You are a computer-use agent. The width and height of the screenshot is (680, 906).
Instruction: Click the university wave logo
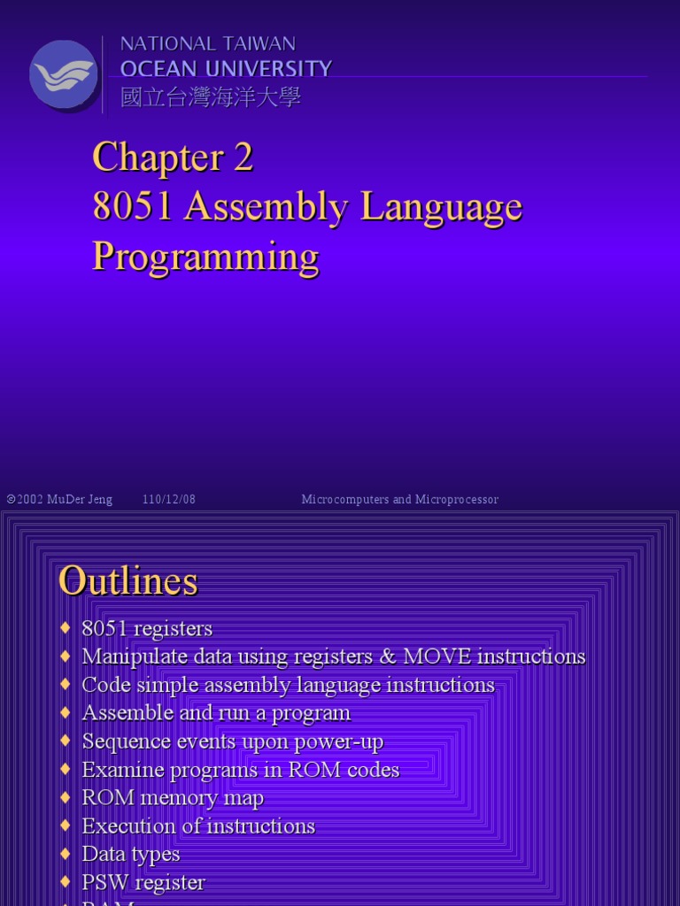[x=63, y=74]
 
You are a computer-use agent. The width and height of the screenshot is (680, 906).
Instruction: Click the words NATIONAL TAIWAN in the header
[x=207, y=43]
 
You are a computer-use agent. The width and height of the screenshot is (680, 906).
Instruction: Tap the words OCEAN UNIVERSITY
[x=226, y=69]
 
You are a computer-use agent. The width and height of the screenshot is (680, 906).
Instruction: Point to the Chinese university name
[x=211, y=97]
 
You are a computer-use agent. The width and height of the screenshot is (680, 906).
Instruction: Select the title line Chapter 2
[x=173, y=157]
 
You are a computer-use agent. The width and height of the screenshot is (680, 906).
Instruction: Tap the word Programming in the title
[x=205, y=257]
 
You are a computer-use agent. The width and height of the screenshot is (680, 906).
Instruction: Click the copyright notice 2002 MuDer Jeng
[x=60, y=500]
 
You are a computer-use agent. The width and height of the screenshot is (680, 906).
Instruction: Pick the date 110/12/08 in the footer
[x=169, y=500]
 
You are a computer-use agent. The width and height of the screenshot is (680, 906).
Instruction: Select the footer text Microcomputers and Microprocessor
[x=399, y=500]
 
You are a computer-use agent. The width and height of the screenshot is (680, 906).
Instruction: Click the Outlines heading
[x=127, y=581]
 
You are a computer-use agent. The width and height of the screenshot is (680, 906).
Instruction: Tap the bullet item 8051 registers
[x=147, y=629]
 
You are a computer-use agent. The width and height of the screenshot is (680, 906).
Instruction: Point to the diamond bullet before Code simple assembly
[x=65, y=685]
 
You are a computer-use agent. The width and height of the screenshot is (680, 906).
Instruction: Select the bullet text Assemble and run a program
[x=216, y=713]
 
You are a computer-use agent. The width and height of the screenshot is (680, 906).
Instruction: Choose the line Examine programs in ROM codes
[x=240, y=770]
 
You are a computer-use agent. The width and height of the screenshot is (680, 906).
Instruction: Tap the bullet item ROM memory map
[x=173, y=798]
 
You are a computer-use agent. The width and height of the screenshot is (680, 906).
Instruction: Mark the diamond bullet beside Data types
[x=65, y=854]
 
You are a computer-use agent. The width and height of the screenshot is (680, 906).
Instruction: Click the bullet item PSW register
[x=143, y=882]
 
